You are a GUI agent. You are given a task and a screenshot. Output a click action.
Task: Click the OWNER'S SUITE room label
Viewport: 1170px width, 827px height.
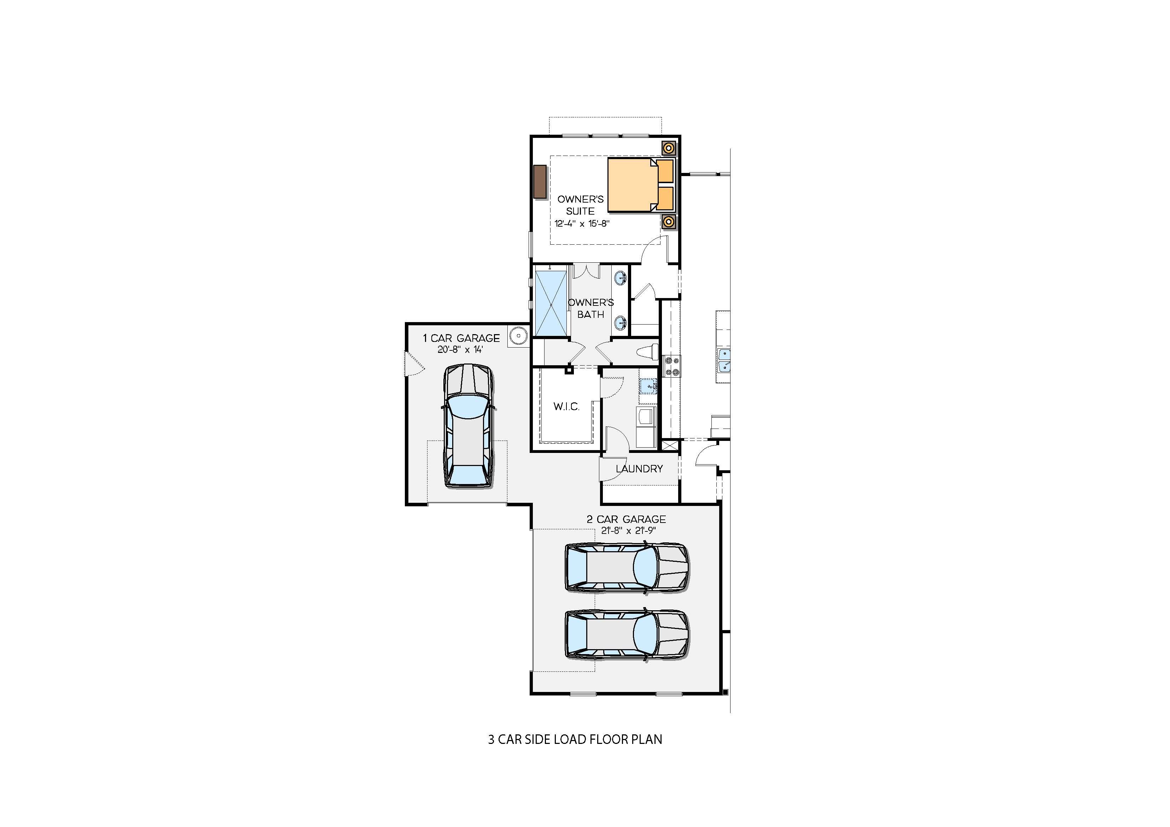(581, 205)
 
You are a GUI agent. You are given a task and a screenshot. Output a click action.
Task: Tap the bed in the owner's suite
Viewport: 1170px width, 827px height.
(641, 185)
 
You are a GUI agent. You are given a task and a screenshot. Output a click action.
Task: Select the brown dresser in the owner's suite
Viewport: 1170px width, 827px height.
(540, 182)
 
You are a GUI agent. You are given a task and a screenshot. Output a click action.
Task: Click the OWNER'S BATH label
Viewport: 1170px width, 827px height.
(590, 308)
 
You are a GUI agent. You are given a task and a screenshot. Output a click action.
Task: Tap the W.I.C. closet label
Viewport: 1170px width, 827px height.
(566, 407)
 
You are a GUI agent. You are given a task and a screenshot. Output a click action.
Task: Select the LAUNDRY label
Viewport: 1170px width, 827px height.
(639, 469)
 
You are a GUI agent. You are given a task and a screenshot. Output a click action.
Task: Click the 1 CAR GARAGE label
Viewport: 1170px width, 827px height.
(461, 338)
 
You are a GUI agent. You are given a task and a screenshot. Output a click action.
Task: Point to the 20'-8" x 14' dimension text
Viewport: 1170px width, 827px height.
(460, 350)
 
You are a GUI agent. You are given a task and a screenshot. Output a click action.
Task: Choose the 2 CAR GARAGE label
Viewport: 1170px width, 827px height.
(626, 519)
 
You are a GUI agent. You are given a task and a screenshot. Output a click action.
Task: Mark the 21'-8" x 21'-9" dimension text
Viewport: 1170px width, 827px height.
(628, 530)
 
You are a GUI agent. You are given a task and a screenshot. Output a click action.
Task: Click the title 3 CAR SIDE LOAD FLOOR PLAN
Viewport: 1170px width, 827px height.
(575, 739)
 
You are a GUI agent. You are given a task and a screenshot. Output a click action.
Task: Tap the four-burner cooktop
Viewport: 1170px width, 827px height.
(672, 366)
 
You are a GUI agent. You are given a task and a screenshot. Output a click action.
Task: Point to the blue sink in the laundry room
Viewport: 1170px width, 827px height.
(648, 387)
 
